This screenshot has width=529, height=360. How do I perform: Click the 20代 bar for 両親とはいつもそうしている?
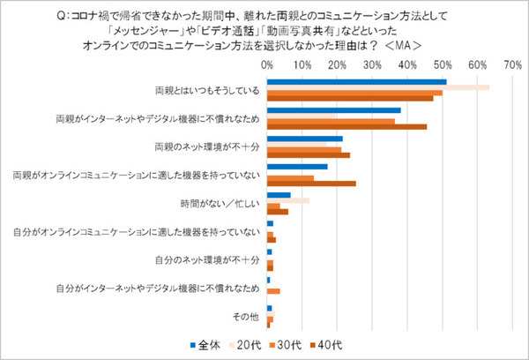[378, 87]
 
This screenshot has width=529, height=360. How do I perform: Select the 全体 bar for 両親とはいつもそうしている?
[356, 82]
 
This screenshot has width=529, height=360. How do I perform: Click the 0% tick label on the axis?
[267, 65]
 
